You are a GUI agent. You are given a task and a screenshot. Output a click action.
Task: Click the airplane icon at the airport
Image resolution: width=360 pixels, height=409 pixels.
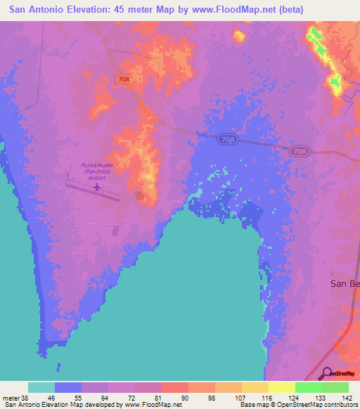[97, 187]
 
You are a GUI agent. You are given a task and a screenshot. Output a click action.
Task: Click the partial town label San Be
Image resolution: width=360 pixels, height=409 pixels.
[345, 283]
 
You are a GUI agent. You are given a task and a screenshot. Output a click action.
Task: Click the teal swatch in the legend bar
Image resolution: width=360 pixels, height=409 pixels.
[41, 387]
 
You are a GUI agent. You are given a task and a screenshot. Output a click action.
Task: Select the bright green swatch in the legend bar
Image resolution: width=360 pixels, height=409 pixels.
[308, 387]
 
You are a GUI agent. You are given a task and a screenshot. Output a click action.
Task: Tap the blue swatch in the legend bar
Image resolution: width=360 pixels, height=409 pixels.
[68, 387]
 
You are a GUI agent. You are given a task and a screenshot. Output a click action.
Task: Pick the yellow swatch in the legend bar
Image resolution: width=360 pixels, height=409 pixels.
[281, 387]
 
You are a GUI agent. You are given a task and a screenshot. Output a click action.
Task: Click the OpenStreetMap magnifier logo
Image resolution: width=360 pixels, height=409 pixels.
[328, 373]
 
